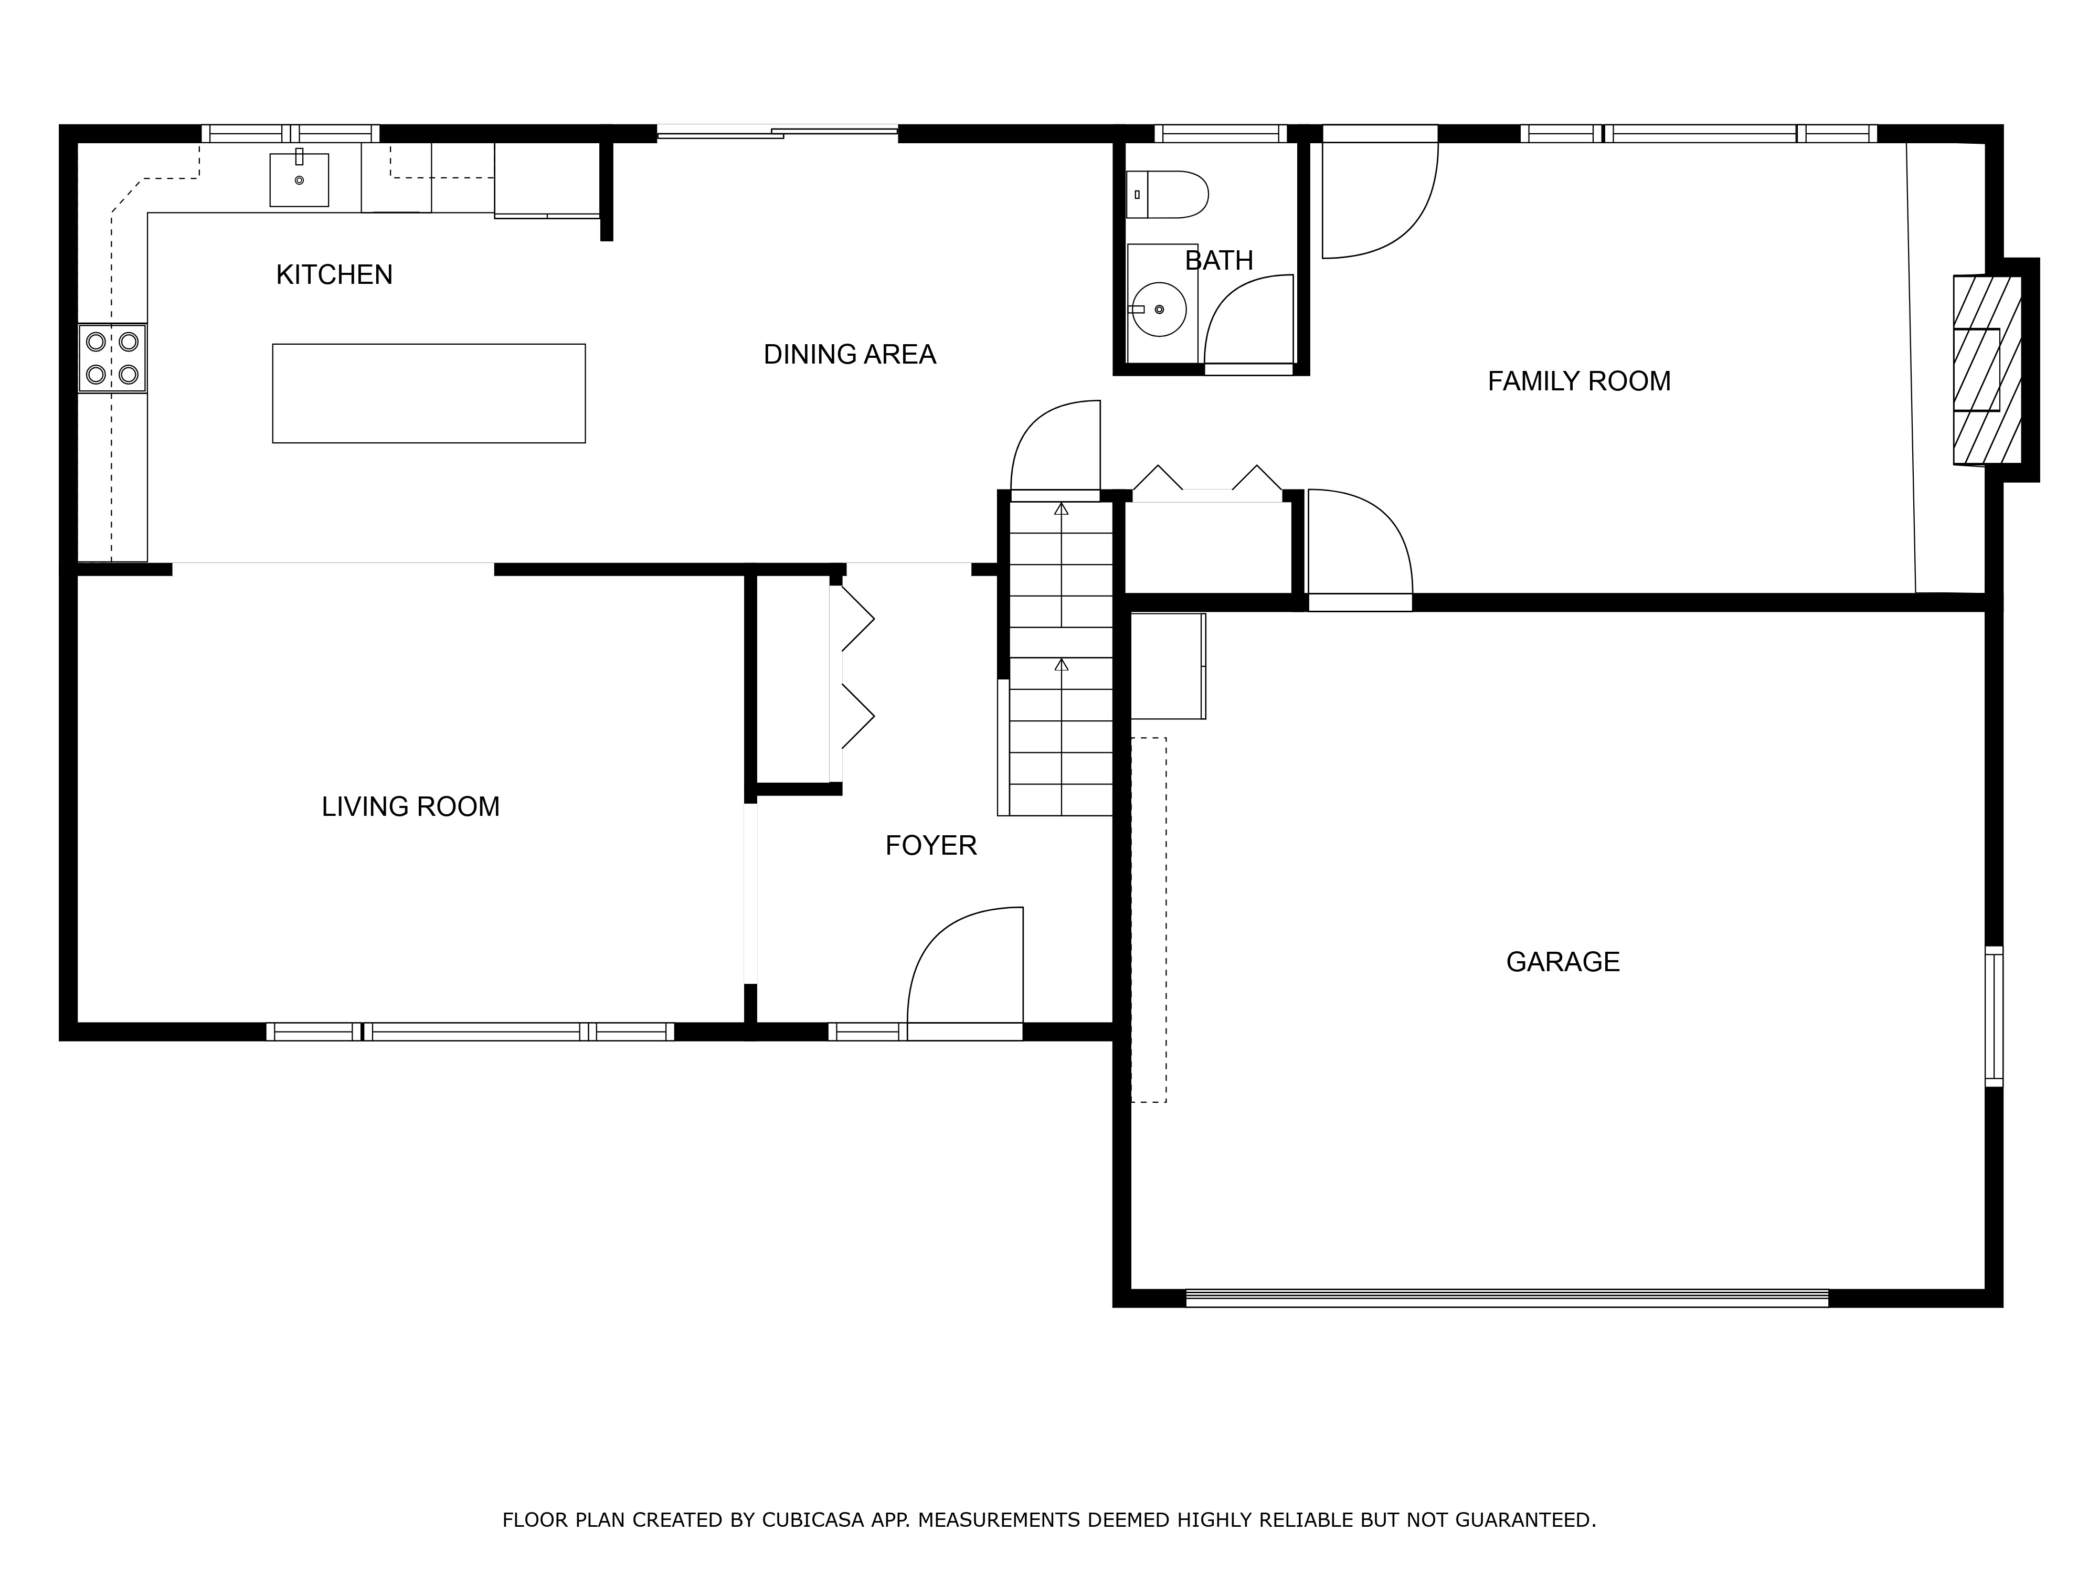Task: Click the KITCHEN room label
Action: tap(334, 275)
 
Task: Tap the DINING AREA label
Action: tap(849, 355)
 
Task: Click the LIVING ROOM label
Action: tap(410, 806)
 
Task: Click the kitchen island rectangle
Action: tap(429, 393)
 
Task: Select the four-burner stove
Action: tap(112, 358)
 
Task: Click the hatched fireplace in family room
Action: tap(1987, 370)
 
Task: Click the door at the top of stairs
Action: tap(1055, 446)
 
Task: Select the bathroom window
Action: tap(1220, 134)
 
